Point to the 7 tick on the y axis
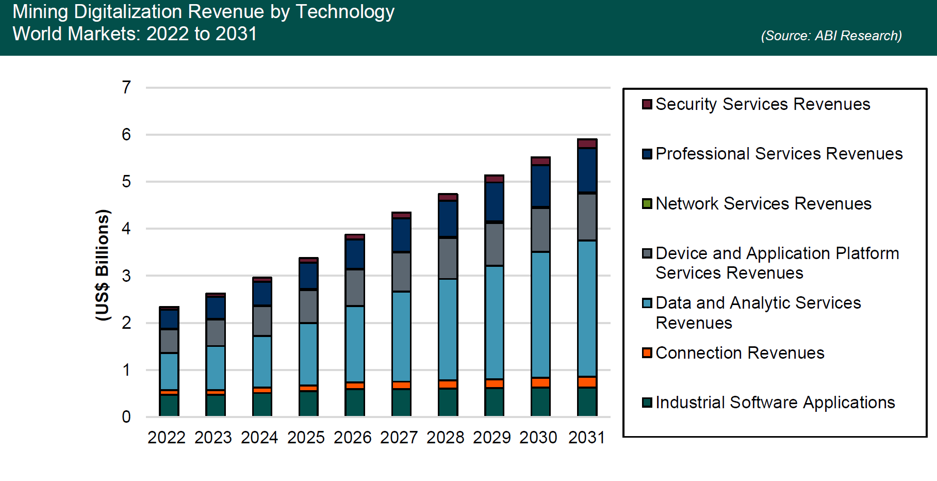(x=126, y=88)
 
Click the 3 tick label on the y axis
(x=126, y=276)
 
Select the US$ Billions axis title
(x=103, y=265)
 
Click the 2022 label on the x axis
(x=167, y=438)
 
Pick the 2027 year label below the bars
(x=399, y=438)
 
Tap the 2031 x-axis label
(x=586, y=438)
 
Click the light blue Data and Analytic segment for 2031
(x=587, y=308)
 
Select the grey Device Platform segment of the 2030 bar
(x=540, y=230)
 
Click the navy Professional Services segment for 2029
(x=494, y=202)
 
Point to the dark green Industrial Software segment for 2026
(x=355, y=403)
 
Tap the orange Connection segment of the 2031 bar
(x=587, y=382)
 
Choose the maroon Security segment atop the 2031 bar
(x=587, y=143)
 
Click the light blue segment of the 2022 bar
(x=169, y=371)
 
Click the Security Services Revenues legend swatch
(x=647, y=104)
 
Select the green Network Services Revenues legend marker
(x=647, y=203)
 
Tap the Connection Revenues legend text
(x=740, y=353)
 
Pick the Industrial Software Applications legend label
(x=775, y=403)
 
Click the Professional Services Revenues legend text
(x=779, y=154)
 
